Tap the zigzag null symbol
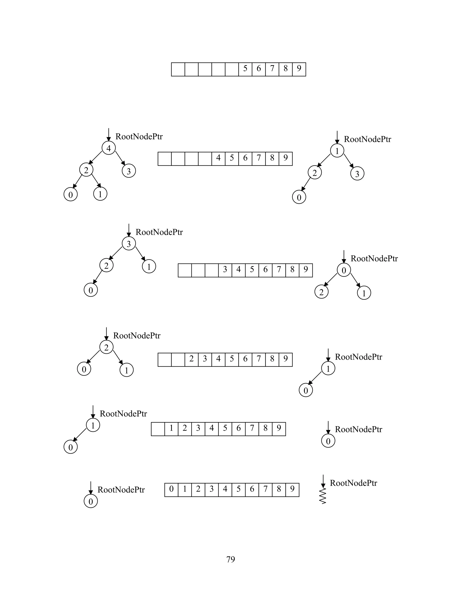coord(323,496)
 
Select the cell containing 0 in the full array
coord(171,489)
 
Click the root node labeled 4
coord(109,148)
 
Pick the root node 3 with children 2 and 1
coord(129,244)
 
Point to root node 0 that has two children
coord(344,270)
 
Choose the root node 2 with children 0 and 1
coord(106,347)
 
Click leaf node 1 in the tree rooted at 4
coord(100,194)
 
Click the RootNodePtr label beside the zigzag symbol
coord(353,483)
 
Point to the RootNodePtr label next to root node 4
coord(139,137)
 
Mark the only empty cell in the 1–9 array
coord(158,429)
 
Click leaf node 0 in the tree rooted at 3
coord(91,290)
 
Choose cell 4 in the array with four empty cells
coord(218,159)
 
